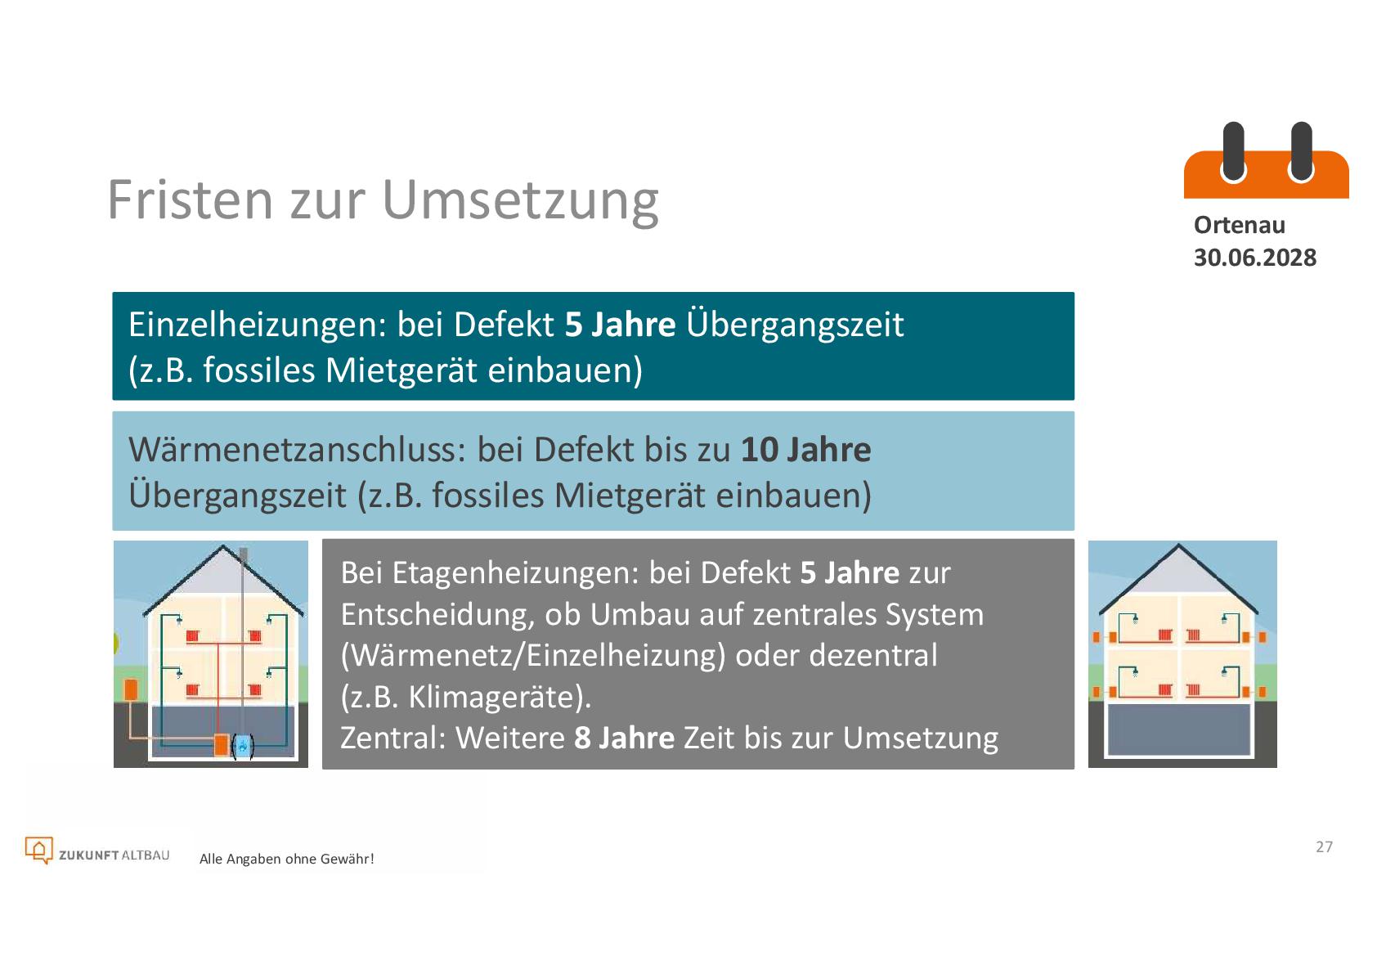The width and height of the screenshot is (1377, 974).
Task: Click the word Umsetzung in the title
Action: pyautogui.click(x=521, y=202)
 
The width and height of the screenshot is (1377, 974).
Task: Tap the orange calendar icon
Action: pyautogui.click(x=1267, y=159)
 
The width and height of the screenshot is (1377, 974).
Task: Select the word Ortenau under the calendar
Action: pyautogui.click(x=1240, y=225)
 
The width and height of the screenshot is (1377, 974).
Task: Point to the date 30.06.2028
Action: pyautogui.click(x=1255, y=257)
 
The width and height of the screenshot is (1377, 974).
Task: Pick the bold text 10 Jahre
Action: pyautogui.click(x=806, y=450)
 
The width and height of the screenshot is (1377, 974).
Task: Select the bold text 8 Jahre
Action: pyautogui.click(x=624, y=738)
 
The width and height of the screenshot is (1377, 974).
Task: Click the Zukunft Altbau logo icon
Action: pyautogui.click(x=38, y=851)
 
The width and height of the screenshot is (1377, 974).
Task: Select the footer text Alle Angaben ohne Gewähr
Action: pyautogui.click(x=286, y=859)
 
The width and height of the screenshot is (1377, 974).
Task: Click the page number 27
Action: pyautogui.click(x=1324, y=846)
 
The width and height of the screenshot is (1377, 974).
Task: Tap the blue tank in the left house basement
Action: pyautogui.click(x=243, y=746)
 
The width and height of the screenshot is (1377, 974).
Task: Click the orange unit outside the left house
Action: pyautogui.click(x=131, y=689)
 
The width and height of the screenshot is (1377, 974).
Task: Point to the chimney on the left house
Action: pyautogui.click(x=244, y=556)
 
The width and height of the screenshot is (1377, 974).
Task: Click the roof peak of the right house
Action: pyautogui.click(x=1178, y=545)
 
